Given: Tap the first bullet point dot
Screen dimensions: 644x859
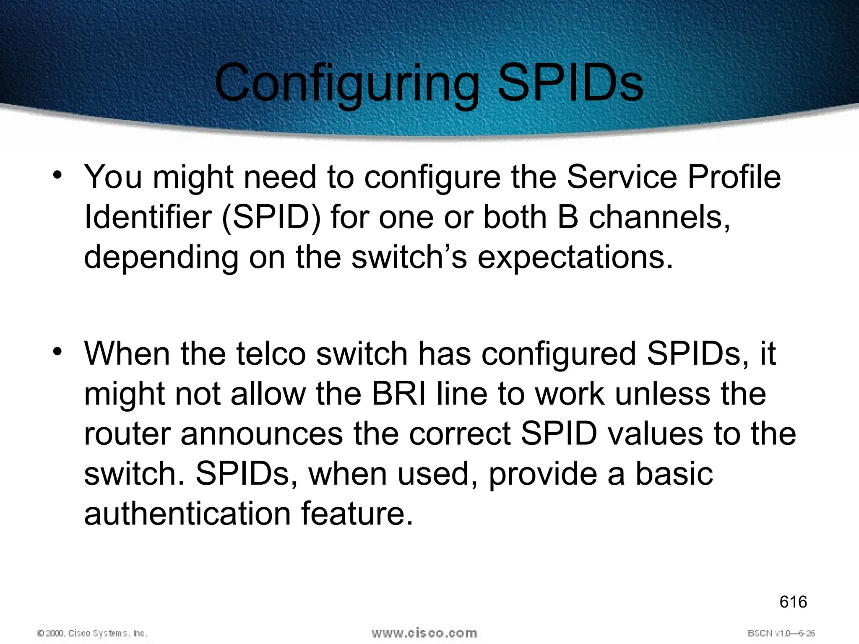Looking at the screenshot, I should point(58,175).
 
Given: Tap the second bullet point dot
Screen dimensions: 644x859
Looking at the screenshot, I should point(58,351).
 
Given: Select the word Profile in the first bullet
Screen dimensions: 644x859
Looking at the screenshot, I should point(734,177).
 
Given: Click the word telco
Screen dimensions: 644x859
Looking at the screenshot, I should point(271,354).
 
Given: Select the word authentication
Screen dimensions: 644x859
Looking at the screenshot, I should point(187,514).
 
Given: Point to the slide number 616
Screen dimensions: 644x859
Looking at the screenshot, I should point(793,602).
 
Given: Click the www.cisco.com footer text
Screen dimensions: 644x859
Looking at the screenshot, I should point(424,633).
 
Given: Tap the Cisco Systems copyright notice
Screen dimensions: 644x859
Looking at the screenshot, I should point(92,633).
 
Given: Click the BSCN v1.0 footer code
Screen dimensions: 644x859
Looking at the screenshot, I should point(781,633).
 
